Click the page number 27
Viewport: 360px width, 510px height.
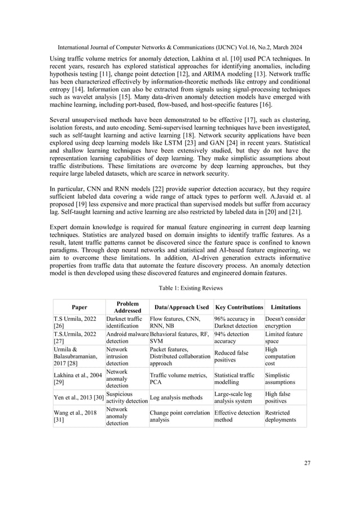click(x=307, y=464)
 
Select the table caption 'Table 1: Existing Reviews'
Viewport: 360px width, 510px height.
click(x=180, y=288)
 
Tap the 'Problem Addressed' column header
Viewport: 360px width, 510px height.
click(x=127, y=307)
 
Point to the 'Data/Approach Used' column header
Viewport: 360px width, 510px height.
click(x=180, y=307)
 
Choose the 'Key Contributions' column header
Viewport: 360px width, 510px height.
click(x=238, y=307)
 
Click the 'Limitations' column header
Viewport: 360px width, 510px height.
click(x=285, y=307)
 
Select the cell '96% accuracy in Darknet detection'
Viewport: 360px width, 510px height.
click(x=236, y=322)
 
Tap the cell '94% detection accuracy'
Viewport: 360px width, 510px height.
click(x=232, y=338)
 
